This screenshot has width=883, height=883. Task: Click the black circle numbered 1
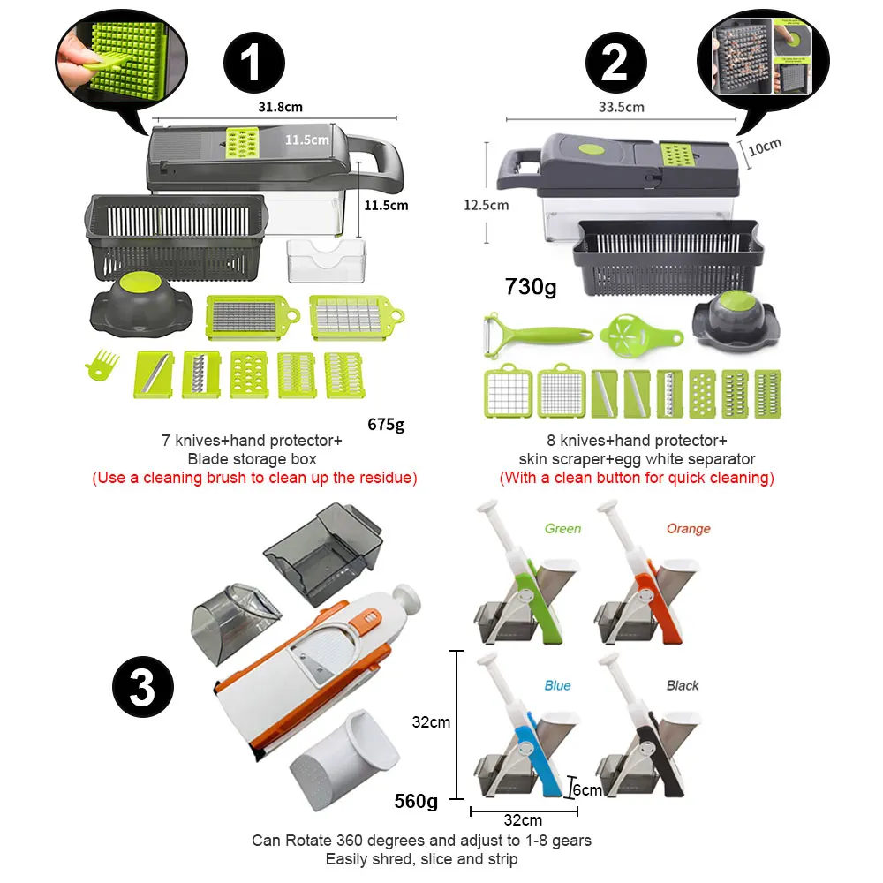(x=254, y=63)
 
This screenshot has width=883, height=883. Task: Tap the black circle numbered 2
(x=616, y=63)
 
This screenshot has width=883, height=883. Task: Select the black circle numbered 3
(x=143, y=687)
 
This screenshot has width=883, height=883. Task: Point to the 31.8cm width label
(x=281, y=107)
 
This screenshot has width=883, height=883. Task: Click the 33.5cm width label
(x=621, y=107)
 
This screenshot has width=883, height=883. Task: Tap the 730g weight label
(x=531, y=287)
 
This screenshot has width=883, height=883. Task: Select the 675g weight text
(x=386, y=424)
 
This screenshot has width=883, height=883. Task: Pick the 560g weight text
(x=416, y=801)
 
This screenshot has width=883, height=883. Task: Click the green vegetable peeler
(x=537, y=335)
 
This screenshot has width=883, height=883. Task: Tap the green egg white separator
(x=640, y=336)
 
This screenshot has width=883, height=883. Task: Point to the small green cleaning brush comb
(x=102, y=365)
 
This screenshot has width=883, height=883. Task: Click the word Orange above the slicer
(x=688, y=529)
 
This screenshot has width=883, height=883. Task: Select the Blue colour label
(x=557, y=685)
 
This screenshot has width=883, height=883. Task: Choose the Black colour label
(x=683, y=685)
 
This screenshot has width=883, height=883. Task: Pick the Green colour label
(x=562, y=529)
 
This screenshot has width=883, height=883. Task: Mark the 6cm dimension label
(x=587, y=790)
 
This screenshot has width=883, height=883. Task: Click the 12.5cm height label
(x=486, y=205)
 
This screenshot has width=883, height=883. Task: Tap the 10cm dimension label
(x=765, y=147)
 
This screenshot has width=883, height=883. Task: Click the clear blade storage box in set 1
(x=326, y=260)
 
